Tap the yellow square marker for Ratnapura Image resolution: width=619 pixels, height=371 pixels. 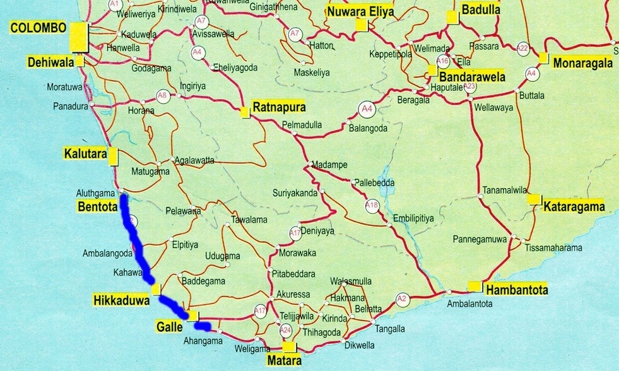point(244,112)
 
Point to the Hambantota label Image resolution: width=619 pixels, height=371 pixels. point(517,290)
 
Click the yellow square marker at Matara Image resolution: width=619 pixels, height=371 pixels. point(289,347)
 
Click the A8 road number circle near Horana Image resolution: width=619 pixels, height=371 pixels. point(162,97)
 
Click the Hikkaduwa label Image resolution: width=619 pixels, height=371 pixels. point(121,301)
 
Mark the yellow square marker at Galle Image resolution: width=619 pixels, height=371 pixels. point(193,315)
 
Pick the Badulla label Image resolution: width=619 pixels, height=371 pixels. point(481,9)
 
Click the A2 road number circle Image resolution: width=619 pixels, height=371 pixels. point(401,298)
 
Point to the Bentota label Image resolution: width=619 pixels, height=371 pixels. point(98,206)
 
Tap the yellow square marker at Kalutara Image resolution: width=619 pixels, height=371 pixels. point(113,156)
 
